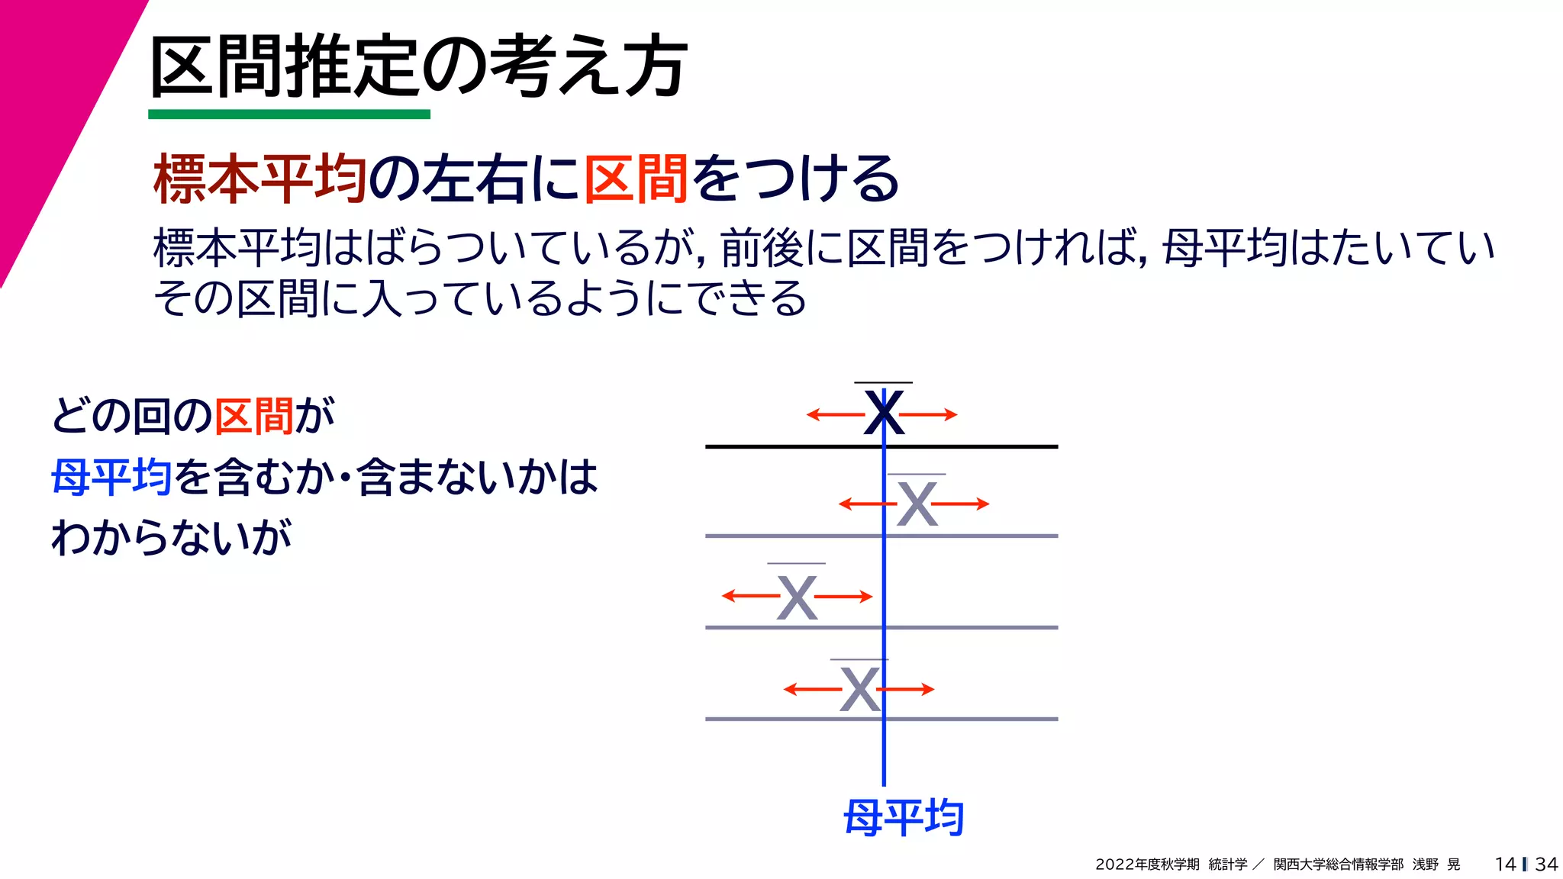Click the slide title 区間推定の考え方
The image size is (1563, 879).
(x=418, y=67)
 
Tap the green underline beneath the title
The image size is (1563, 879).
(x=289, y=114)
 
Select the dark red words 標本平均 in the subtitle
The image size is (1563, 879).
(x=259, y=179)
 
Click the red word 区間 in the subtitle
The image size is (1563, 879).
(x=637, y=179)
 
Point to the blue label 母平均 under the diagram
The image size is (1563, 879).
(x=904, y=818)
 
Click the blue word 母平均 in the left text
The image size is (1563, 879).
(x=111, y=477)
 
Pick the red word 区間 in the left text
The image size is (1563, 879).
(x=254, y=416)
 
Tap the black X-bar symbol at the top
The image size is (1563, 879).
(x=884, y=412)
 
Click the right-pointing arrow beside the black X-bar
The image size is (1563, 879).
(x=929, y=415)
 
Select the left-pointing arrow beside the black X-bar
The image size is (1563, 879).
(x=835, y=415)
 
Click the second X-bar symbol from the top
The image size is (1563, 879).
(x=917, y=504)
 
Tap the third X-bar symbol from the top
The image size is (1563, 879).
(x=797, y=597)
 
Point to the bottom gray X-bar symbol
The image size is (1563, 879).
(x=859, y=689)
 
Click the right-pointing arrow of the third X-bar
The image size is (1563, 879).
(x=844, y=597)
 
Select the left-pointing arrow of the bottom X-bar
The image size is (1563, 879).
(x=812, y=690)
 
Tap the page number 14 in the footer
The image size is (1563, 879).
(x=1505, y=864)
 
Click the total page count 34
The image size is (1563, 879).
(x=1546, y=864)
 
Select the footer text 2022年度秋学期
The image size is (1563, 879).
(x=1147, y=865)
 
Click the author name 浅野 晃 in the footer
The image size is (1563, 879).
(x=1436, y=865)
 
